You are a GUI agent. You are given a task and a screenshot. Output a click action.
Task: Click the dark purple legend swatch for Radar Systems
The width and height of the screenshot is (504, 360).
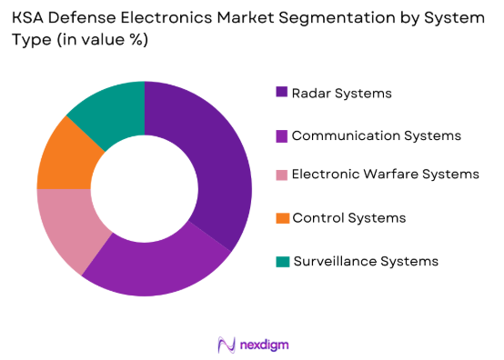(x=282, y=92)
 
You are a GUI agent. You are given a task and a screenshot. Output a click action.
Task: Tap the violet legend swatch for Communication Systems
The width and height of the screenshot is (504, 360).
(x=282, y=135)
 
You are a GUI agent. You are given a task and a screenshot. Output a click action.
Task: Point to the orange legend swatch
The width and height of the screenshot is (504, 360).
(x=282, y=218)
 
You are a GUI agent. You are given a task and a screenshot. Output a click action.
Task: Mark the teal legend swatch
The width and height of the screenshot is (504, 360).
(x=282, y=261)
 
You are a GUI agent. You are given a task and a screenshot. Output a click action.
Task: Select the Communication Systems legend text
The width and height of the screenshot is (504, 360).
(x=377, y=135)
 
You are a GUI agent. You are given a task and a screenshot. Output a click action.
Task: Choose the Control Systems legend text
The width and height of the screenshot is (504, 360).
(x=349, y=218)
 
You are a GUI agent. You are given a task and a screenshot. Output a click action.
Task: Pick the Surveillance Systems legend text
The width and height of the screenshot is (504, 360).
(x=366, y=261)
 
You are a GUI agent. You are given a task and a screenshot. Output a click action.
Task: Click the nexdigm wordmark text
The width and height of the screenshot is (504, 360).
(x=266, y=345)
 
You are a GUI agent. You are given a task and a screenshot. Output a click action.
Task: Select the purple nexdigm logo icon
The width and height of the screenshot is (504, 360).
(x=227, y=345)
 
